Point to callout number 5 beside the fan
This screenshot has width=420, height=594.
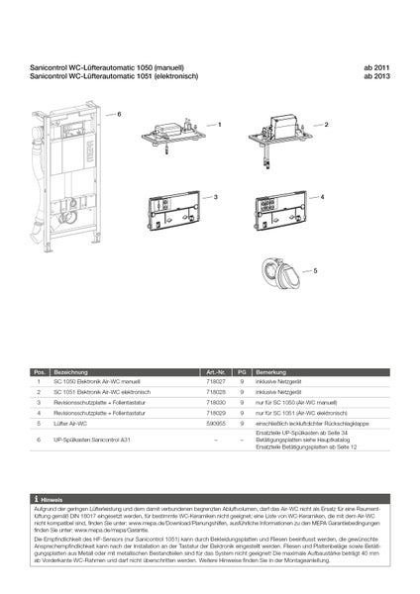315,269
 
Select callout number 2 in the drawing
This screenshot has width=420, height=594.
326,126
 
